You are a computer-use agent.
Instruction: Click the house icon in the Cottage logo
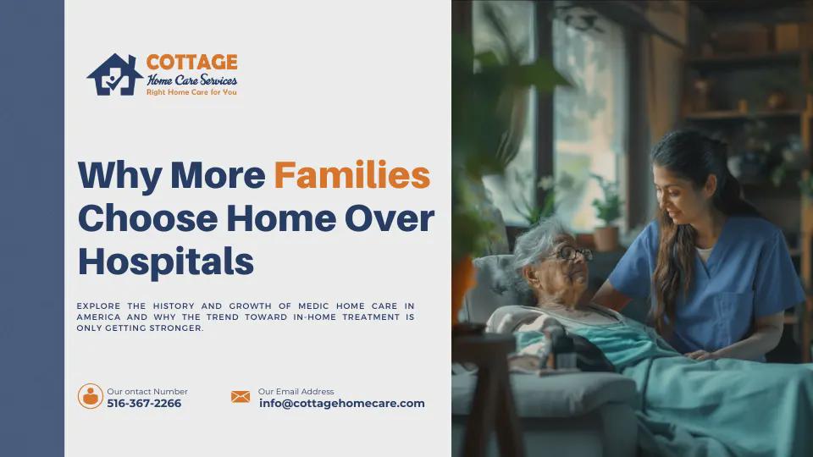114,74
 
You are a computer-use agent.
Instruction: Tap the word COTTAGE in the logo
192,63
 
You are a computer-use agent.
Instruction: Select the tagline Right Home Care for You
191,92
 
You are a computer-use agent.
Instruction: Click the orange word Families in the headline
352,175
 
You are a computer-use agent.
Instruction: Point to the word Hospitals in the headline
166,262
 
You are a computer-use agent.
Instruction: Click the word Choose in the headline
147,218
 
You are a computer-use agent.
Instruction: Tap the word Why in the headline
119,176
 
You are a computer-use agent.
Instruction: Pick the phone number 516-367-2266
144,403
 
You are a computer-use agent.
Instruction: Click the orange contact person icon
91,396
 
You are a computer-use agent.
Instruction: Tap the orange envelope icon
241,397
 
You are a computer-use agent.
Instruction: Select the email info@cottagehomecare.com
341,403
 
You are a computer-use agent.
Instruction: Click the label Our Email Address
296,391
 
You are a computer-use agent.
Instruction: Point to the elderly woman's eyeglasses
572,253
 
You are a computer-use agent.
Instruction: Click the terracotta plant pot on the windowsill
606,239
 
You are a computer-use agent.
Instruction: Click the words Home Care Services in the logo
192,80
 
